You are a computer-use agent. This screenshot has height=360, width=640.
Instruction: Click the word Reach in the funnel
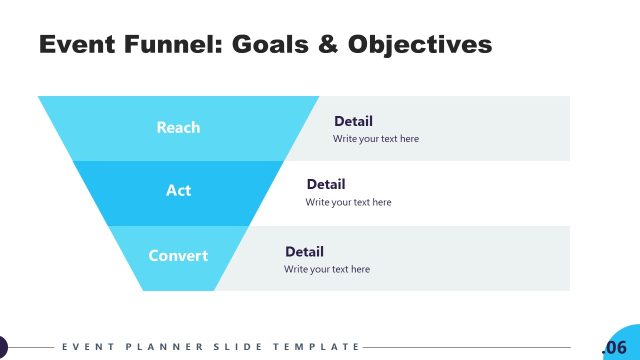click(178, 127)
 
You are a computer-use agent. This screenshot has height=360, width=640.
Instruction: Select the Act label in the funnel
click(178, 191)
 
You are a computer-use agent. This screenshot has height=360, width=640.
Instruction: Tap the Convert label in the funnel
click(178, 255)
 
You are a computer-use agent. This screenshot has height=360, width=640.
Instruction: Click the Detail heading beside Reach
click(353, 121)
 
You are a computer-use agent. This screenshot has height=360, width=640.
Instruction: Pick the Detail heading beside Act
click(325, 185)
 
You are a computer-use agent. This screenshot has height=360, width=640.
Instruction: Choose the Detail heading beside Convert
click(304, 252)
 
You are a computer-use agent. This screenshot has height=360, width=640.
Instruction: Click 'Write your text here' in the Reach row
click(376, 139)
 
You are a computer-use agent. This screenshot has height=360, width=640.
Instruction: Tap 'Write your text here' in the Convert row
click(326, 269)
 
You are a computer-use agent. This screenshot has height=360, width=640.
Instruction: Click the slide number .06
click(614, 347)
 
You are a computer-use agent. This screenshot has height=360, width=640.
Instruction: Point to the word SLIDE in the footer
click(235, 347)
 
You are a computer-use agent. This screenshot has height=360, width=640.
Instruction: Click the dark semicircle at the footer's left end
click(3, 347)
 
